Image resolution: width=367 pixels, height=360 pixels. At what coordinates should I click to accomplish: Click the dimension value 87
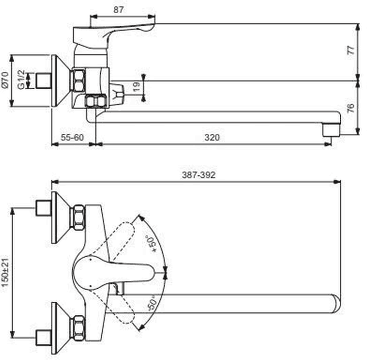[118, 10]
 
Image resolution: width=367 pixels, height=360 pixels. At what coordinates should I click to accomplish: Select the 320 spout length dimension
[212, 137]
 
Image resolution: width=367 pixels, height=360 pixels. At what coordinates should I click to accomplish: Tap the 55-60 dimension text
[72, 137]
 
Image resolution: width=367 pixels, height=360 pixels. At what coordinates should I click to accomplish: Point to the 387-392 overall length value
[199, 175]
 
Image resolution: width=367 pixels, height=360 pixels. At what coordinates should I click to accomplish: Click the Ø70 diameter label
[5, 80]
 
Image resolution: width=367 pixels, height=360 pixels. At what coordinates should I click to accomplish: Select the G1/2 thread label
[21, 79]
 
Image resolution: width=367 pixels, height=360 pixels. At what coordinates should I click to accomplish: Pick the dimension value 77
[351, 50]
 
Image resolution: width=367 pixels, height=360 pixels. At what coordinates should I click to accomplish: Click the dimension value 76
[351, 108]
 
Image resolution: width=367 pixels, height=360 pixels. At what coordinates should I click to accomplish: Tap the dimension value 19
[136, 87]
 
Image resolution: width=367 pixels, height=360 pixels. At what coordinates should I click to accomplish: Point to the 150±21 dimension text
[5, 272]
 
